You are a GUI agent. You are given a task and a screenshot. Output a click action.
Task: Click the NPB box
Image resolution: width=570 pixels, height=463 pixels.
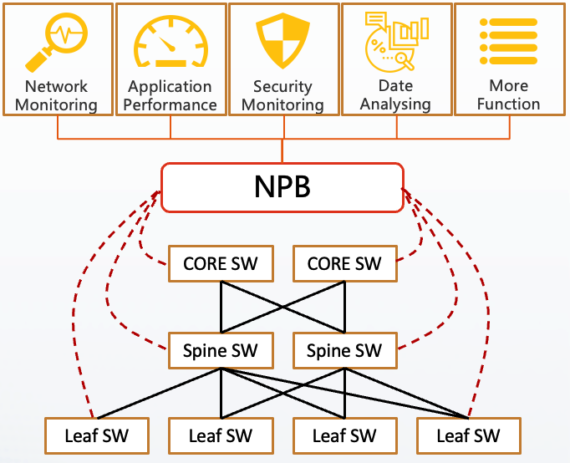[x=282, y=186]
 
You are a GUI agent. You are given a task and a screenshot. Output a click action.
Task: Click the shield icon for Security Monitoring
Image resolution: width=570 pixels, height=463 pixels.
[x=282, y=40]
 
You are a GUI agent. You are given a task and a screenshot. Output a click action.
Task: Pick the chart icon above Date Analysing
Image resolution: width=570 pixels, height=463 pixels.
[x=395, y=40]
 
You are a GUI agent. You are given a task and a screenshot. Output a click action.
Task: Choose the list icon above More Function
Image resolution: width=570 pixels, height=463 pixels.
[x=508, y=40]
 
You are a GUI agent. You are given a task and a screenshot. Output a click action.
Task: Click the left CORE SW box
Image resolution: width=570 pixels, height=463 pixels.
[x=221, y=265]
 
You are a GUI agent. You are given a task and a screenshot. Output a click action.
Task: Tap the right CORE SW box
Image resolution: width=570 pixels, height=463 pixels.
[x=344, y=265]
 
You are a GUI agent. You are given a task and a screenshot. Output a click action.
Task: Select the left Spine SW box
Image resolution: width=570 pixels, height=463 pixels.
[x=221, y=351]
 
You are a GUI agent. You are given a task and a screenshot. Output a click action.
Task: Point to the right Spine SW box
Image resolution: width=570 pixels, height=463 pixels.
[x=344, y=351]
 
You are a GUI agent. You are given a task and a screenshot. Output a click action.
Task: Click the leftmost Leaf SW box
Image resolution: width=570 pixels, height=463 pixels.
[x=97, y=435]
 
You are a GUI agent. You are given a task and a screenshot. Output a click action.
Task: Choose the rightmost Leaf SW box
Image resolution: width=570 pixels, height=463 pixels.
[x=468, y=435]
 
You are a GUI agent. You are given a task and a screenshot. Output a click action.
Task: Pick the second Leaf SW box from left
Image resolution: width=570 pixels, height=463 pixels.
[x=221, y=435]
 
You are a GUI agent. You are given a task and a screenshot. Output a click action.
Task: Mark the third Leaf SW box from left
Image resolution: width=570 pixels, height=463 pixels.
[x=344, y=435]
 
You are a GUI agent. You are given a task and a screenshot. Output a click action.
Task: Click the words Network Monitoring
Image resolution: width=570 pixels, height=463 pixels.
[x=56, y=95]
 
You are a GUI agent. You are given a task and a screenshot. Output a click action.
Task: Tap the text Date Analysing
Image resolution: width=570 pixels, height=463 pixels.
[x=395, y=95]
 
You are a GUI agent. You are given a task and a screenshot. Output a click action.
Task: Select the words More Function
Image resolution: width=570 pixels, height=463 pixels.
[x=508, y=95]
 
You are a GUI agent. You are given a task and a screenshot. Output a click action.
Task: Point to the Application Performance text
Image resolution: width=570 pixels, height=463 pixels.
[x=170, y=95]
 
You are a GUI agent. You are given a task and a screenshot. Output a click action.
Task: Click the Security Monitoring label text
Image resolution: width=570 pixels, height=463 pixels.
[x=282, y=95]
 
